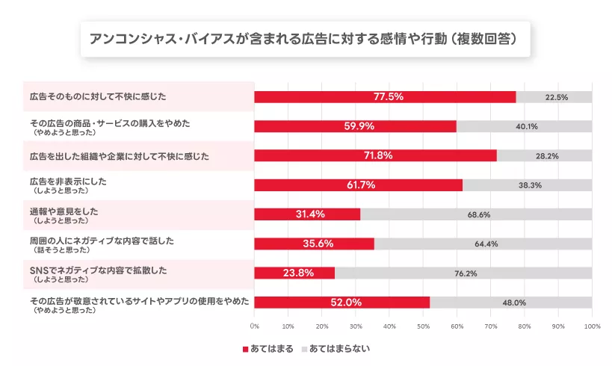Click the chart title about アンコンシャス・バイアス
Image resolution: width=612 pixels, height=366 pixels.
click(x=305, y=38)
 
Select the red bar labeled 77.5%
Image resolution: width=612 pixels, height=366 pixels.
click(x=385, y=97)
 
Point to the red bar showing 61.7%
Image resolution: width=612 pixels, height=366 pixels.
click(x=359, y=185)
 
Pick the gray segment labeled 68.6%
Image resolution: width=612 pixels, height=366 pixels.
click(x=476, y=214)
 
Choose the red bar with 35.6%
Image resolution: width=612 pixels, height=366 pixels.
click(x=314, y=244)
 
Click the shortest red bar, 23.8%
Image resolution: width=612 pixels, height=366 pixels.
click(x=294, y=273)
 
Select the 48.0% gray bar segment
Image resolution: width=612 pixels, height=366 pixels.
click(x=510, y=303)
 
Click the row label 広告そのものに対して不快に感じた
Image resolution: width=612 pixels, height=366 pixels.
click(x=98, y=97)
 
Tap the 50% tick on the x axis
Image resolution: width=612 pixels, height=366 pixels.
click(x=423, y=326)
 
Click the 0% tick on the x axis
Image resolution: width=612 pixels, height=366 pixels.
click(x=254, y=326)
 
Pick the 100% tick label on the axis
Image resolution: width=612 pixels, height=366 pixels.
click(x=591, y=326)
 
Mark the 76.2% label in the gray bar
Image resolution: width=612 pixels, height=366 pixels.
click(x=466, y=273)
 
